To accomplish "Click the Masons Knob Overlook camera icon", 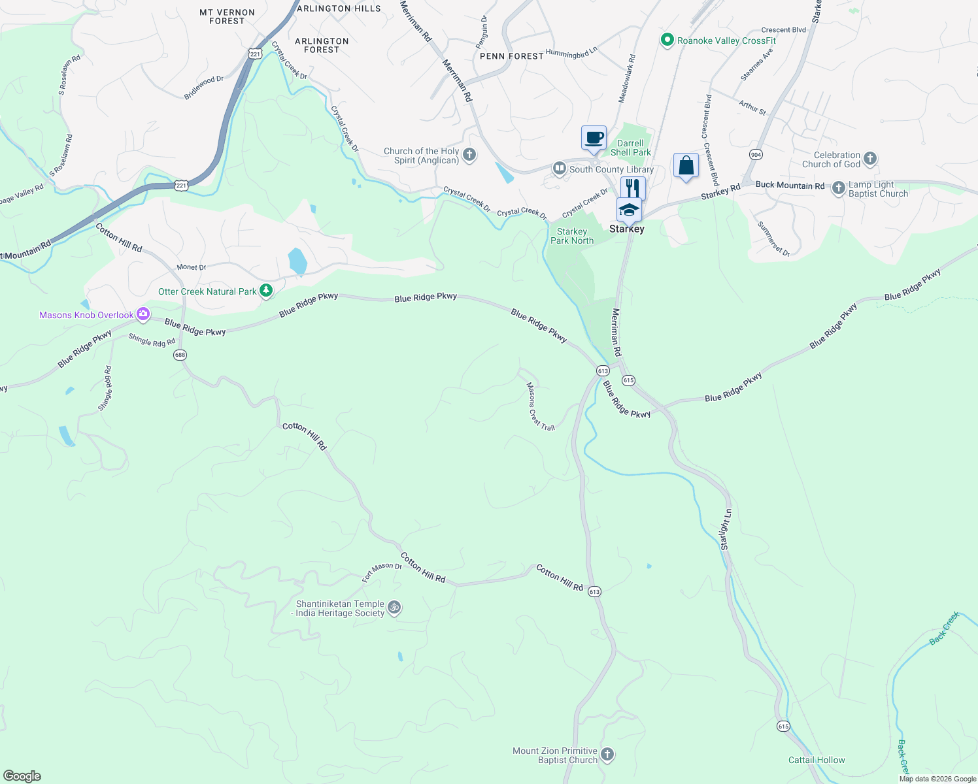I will pos(143,314).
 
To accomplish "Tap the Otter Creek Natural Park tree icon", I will pos(266,291).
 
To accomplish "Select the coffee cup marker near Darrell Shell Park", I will pos(594,139).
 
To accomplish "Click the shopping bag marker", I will pos(686,165).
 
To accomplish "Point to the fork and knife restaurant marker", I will pos(633,188).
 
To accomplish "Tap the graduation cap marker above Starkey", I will pos(628,210).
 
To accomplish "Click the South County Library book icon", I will pos(559,169).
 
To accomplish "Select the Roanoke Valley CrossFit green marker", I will pos(667,41).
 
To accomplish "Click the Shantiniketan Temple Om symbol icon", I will pos(394,608).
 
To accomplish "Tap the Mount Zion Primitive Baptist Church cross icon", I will pos(607,755).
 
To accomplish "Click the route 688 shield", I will pos(180,355).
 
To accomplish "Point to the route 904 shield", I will pos(756,154).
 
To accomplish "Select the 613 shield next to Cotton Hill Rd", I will pos(594,591).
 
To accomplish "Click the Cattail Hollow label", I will pos(817,760).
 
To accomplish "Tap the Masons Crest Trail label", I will pos(541,406).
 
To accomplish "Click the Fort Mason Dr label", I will pos(382,572).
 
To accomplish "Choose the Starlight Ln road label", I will pos(726,529).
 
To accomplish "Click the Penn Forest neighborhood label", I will pos(512,56).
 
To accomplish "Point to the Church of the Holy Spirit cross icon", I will pos(469,155).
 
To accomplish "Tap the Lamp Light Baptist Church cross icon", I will pos(839,189).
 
